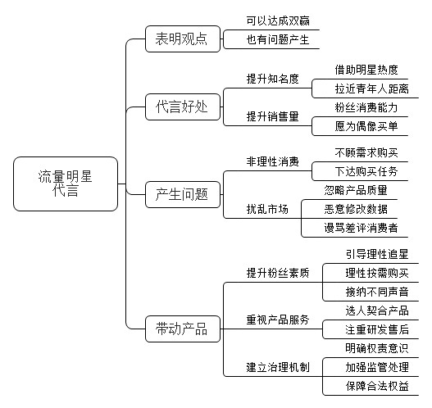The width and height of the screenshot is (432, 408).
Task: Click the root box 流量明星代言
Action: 66,184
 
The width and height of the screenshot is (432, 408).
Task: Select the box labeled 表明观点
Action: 183,39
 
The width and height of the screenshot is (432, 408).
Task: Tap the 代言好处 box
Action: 183,107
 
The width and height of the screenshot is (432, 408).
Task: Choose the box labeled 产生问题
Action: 183,195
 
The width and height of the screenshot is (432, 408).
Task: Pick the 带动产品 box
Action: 183,329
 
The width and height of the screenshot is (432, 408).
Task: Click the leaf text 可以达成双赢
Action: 278,21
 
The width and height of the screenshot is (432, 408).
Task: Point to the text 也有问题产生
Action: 278,39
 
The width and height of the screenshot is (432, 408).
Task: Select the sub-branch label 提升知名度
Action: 273,79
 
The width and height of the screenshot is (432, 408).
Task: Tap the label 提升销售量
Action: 273,116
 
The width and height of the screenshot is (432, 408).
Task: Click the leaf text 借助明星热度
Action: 366,70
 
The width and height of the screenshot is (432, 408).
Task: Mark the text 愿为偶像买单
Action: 366,126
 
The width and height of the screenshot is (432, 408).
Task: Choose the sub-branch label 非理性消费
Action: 273,161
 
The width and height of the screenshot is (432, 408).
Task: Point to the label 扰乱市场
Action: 267,209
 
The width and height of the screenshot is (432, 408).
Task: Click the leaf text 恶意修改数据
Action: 356,209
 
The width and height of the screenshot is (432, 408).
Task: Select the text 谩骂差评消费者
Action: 362,228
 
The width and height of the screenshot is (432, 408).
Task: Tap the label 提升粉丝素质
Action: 278,273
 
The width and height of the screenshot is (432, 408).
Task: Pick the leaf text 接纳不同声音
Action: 377,292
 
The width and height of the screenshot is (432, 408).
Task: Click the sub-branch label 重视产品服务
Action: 278,320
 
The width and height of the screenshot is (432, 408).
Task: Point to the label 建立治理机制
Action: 278,367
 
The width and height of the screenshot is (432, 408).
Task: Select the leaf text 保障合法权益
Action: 377,386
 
